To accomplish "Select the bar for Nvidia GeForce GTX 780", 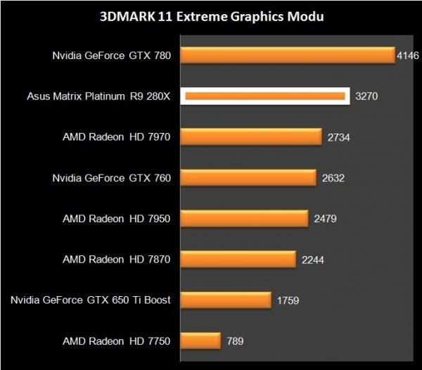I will point(288,55).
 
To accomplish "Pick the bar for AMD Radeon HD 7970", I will point(252,137).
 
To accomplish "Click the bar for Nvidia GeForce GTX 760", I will point(249,178).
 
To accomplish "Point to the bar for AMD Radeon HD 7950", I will point(245,219).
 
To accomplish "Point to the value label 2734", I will point(338,137).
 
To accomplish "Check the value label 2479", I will point(326,219).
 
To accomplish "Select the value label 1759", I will point(288,300).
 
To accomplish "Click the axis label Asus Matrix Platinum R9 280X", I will point(98,96).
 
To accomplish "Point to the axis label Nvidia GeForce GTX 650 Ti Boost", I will point(91,300).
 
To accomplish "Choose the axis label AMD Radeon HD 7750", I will point(117,341).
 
